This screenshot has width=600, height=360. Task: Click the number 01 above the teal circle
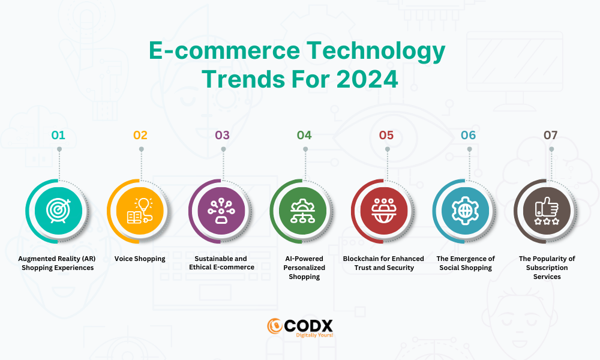pyautogui.click(x=58, y=135)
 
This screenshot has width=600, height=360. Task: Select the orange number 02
pyautogui.click(x=140, y=135)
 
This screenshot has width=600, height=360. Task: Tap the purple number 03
pyautogui.click(x=222, y=135)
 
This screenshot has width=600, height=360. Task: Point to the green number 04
pyautogui.click(x=304, y=135)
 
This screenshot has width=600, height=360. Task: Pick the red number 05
pyautogui.click(x=386, y=135)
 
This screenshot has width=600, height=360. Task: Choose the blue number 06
pyautogui.click(x=468, y=135)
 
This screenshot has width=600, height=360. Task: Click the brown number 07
pyautogui.click(x=550, y=135)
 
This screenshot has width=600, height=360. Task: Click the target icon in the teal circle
pyautogui.click(x=59, y=211)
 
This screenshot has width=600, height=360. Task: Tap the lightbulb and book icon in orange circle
pyautogui.click(x=140, y=211)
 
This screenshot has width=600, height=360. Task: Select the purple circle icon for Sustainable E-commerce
pyautogui.click(x=221, y=211)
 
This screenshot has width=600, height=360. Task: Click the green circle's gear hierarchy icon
pyautogui.click(x=302, y=211)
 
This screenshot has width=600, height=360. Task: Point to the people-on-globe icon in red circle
pyautogui.click(x=384, y=211)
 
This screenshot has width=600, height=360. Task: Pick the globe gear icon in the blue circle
pyautogui.click(x=466, y=211)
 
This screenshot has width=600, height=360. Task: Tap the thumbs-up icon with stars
pyautogui.click(x=547, y=211)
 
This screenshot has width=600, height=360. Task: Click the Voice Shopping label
pyautogui.click(x=140, y=259)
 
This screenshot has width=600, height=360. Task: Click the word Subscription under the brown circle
pyautogui.click(x=547, y=268)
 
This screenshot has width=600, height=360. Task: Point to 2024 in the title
pyautogui.click(x=367, y=79)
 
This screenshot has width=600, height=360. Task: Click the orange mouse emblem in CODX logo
pyautogui.click(x=275, y=326)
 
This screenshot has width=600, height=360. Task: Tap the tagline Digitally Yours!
pyautogui.click(x=314, y=335)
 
